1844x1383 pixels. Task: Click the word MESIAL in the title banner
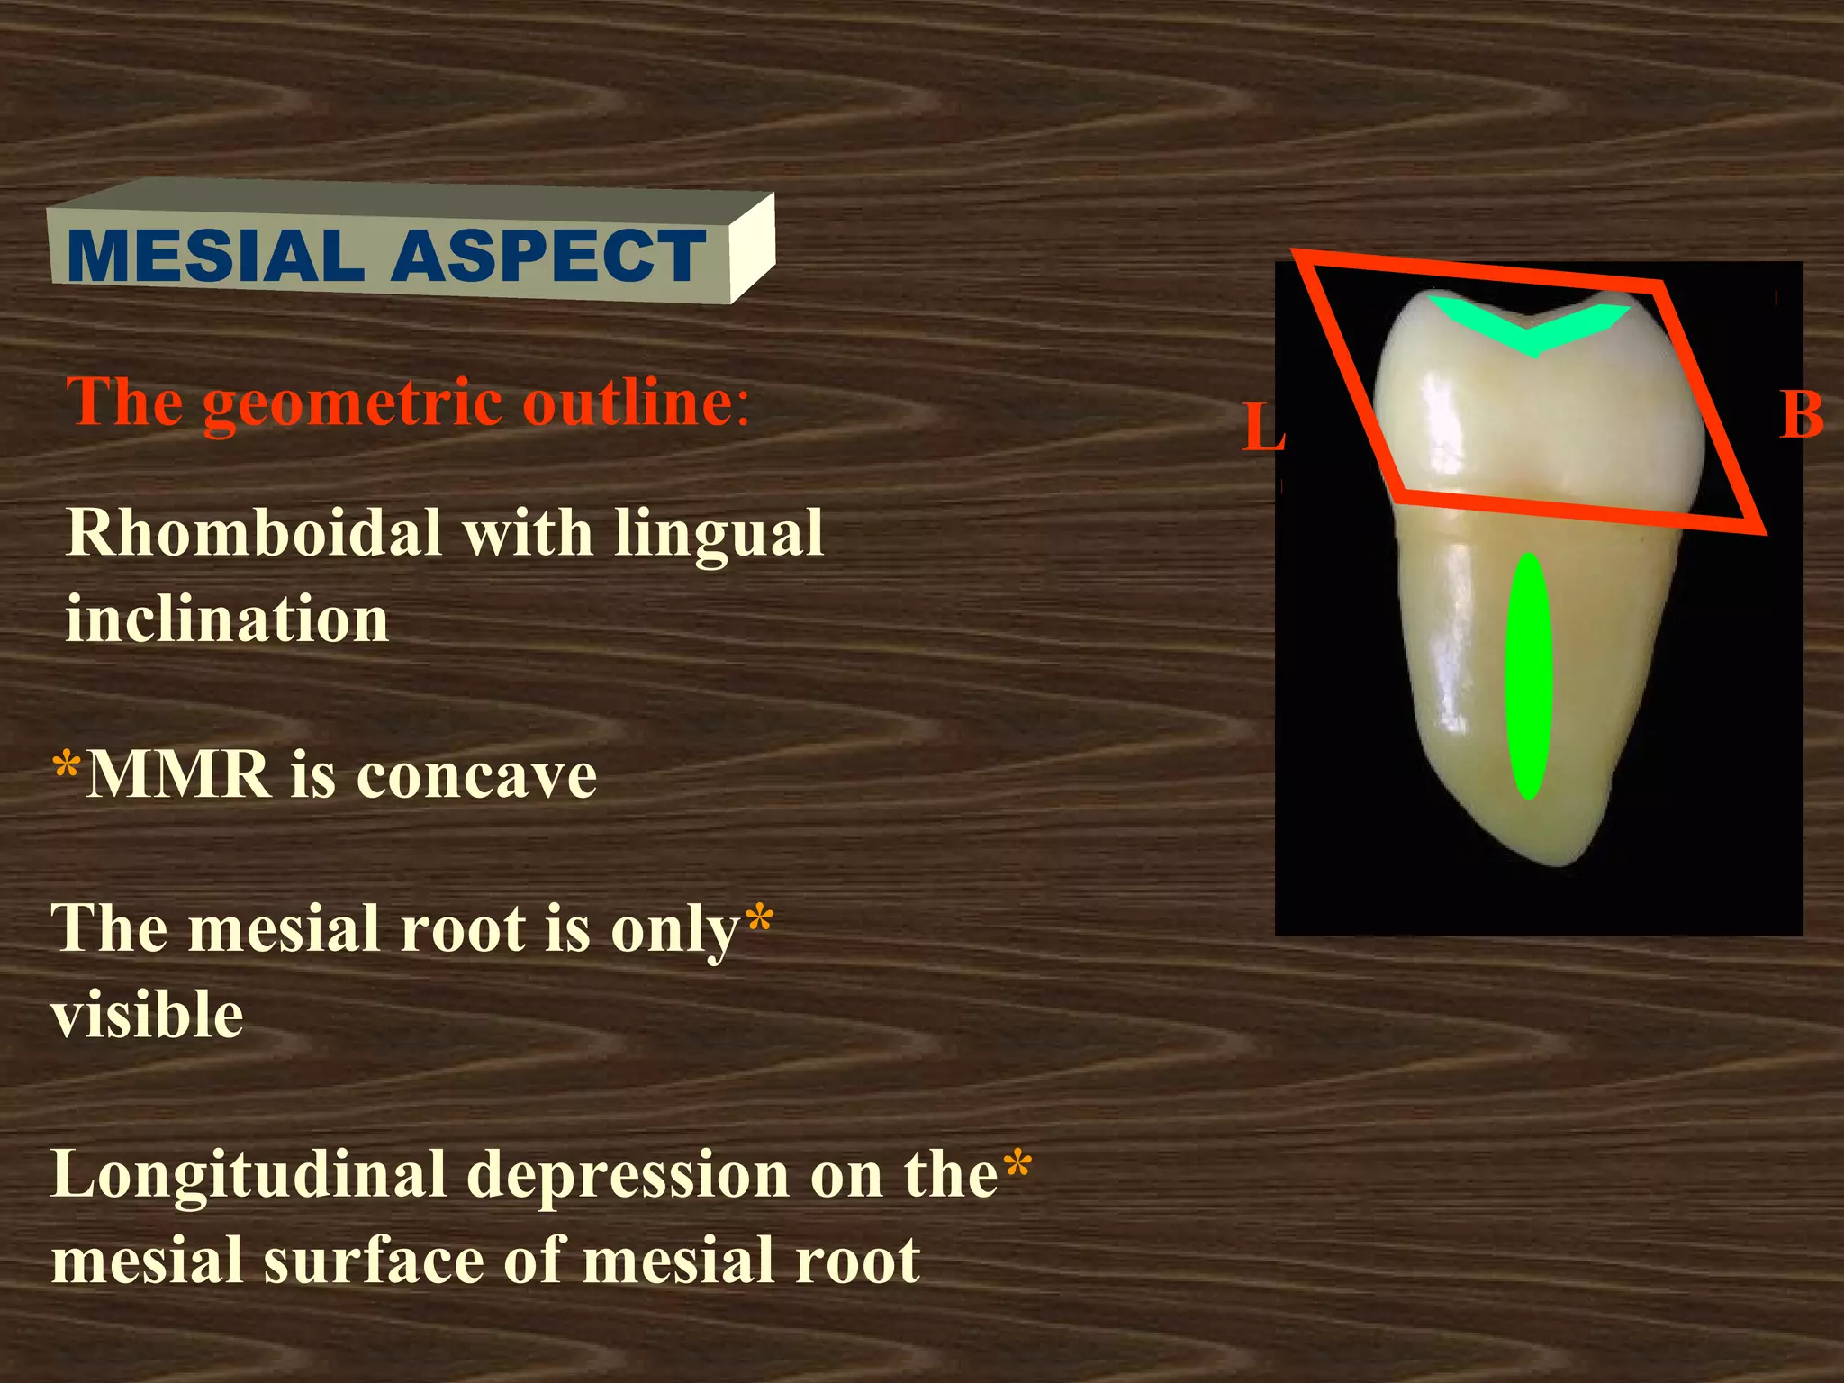pos(214,257)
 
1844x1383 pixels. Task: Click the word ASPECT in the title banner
pos(547,257)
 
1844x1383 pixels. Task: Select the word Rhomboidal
pos(254,533)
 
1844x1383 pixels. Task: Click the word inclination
pos(227,620)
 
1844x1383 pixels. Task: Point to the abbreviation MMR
pos(178,774)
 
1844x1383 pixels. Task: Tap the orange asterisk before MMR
pos(67,767)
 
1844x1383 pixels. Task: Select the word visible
pos(147,1015)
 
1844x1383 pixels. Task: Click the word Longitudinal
pos(249,1176)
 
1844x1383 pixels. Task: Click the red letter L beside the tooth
pos(1262,429)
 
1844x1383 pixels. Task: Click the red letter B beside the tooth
pos(1802,416)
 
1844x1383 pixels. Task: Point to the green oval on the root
pos(1528,675)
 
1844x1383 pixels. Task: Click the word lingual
pos(719,533)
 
